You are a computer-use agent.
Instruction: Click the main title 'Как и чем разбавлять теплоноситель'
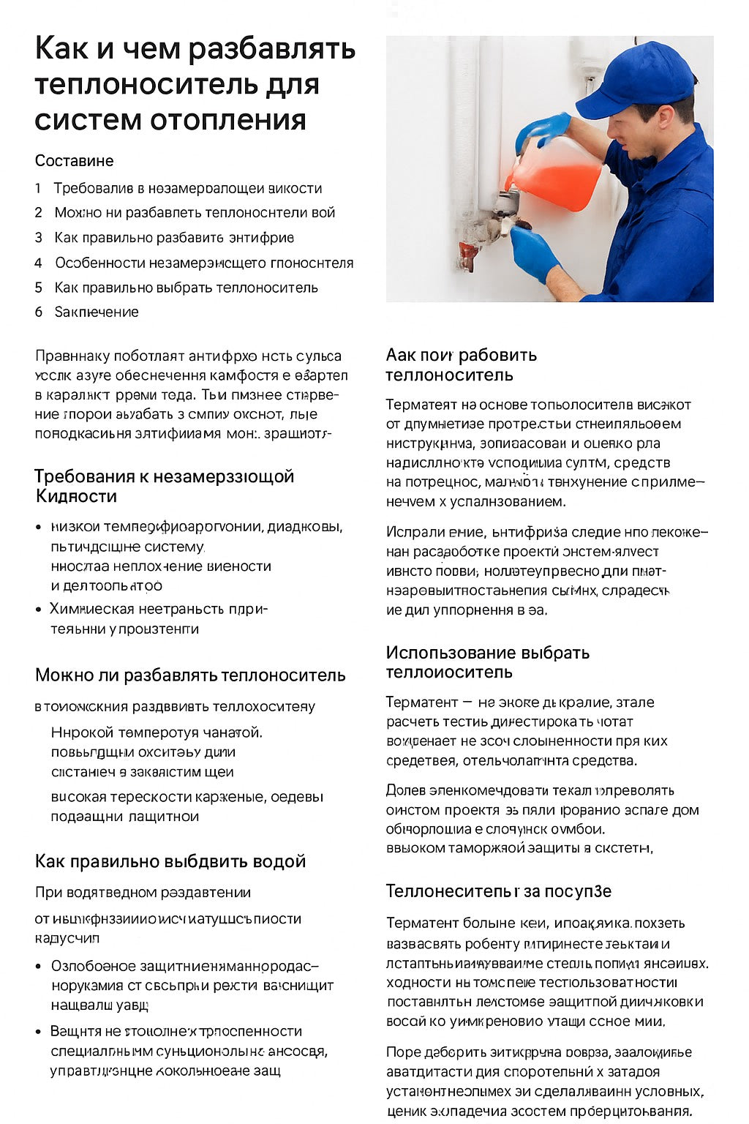coord(195,84)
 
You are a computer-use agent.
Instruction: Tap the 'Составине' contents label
coord(74,161)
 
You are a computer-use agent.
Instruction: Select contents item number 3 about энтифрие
coord(173,238)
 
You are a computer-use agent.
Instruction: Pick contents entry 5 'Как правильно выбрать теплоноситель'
coord(186,288)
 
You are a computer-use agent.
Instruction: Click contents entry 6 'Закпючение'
coord(96,312)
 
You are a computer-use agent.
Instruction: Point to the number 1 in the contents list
coord(38,189)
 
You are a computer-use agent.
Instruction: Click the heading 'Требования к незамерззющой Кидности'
coord(164,486)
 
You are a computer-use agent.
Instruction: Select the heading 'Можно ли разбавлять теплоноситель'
coord(190,675)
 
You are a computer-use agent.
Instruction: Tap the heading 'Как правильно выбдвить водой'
coord(170,861)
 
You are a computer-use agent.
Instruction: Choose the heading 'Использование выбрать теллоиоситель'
coord(487,662)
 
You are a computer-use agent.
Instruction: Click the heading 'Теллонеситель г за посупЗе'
coord(498,891)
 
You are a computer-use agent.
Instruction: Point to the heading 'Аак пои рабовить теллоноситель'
coord(461,364)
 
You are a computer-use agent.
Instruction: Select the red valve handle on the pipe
coord(467,255)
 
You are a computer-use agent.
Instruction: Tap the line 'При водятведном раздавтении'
coord(143,893)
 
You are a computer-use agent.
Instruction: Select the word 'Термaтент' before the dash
coord(421,702)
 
